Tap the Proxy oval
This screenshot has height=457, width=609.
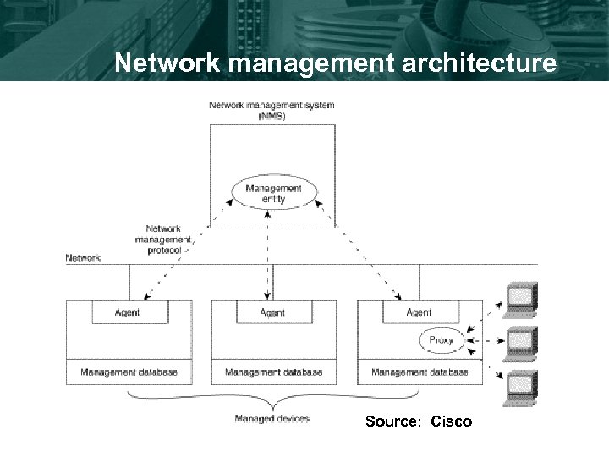pos(441,340)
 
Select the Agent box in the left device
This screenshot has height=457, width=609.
pos(129,312)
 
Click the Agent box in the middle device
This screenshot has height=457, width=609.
pos(273,312)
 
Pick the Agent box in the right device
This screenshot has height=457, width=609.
pos(418,312)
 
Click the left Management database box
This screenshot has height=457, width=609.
pos(129,372)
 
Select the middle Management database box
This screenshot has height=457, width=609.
pos(273,372)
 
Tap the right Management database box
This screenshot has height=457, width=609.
pos(420,372)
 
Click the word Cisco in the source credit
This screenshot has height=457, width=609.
pos(452,421)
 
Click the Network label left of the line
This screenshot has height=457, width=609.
pos(83,257)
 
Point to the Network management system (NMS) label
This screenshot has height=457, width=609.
pos(271,110)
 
